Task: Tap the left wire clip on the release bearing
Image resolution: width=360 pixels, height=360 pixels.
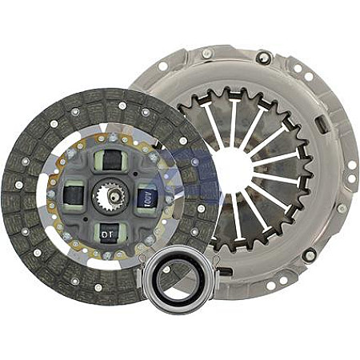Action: [x=144, y=272]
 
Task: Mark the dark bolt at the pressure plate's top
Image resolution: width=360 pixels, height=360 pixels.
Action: [x=262, y=57]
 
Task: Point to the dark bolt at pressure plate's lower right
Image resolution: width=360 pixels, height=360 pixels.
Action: [x=310, y=254]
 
